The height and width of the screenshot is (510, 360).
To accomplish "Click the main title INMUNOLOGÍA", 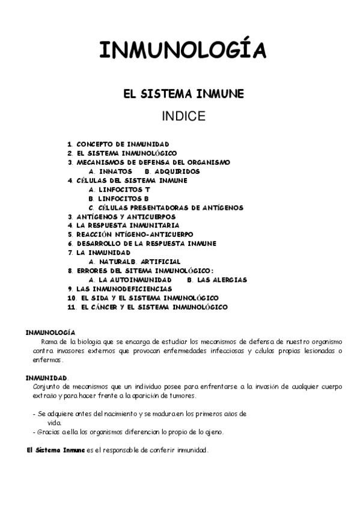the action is coord(182,50).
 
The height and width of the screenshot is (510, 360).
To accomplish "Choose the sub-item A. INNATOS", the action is coord(110,171).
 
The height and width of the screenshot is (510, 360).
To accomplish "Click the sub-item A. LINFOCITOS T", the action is coord(119,189).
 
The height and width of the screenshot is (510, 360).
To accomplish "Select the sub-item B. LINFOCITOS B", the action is coord(118,198).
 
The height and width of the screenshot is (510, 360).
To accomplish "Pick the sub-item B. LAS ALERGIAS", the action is coord(217,280).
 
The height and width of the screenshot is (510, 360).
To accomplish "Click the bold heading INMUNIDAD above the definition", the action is coord(46,378).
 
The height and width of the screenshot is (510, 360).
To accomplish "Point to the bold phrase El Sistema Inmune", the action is coord(48,450).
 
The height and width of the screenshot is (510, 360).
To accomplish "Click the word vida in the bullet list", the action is coord(46,423).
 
